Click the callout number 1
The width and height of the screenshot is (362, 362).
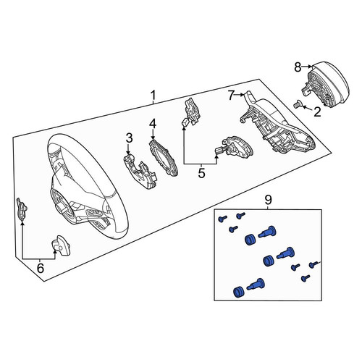coord(153,96)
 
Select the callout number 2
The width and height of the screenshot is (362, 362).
coord(318,112)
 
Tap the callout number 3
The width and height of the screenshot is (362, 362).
coord(129,138)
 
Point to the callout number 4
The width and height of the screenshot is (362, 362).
coord(153,124)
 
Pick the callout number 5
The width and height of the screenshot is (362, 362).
coord(201,173)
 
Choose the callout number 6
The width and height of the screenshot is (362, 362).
coord(41,268)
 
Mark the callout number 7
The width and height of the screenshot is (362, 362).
coord(231,96)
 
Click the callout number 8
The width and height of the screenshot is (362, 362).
coord(298,67)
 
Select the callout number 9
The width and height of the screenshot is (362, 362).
coord(268,200)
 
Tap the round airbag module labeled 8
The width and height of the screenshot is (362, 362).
coord(324,85)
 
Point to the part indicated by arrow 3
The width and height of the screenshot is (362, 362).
coord(139,171)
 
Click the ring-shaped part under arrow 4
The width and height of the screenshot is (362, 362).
coord(164,158)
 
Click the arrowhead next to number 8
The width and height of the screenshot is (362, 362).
coord(311,66)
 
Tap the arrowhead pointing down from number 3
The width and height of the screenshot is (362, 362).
coord(128,152)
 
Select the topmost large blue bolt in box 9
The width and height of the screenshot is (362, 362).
coord(267,232)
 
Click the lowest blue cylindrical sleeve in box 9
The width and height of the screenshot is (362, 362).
coord(239,292)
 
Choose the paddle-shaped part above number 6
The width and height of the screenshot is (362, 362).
coord(61,245)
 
